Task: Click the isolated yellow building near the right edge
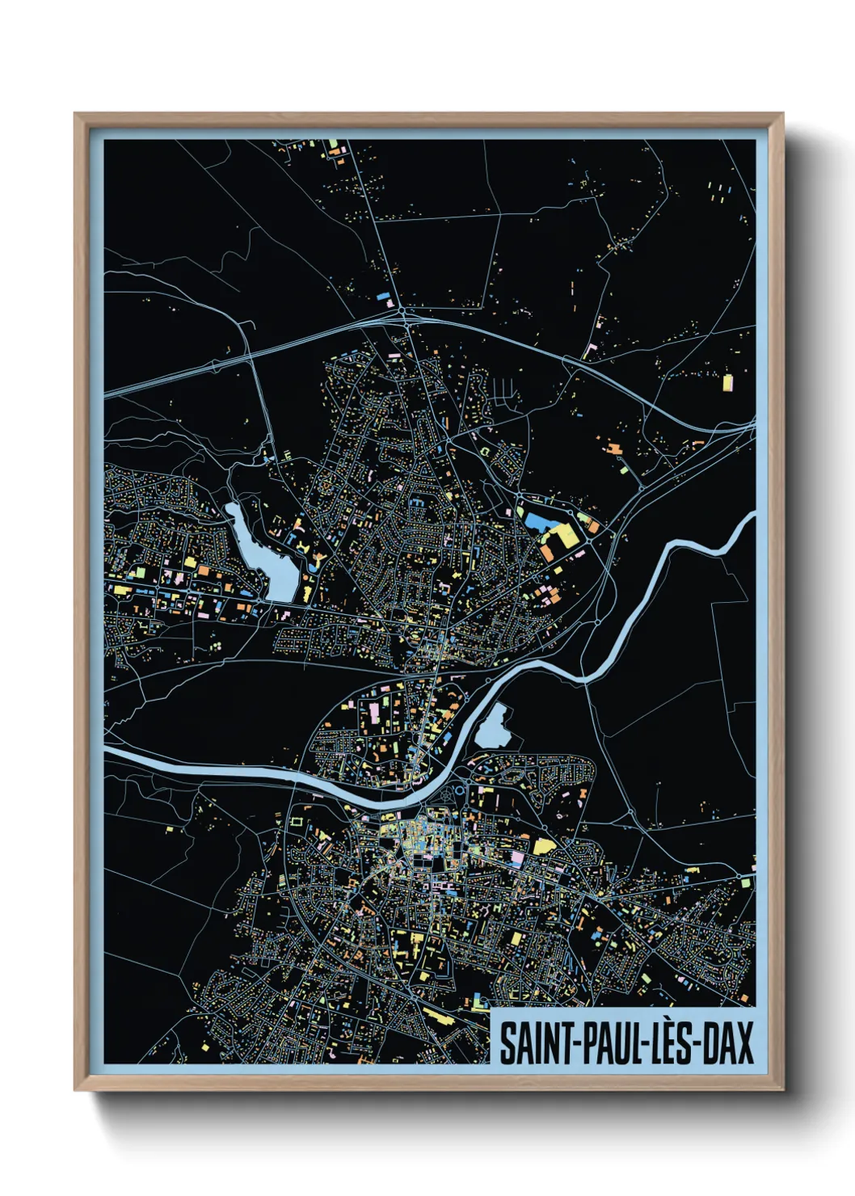(x=727, y=381)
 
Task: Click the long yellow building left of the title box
(x=440, y=1016)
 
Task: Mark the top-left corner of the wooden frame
(x=76, y=114)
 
